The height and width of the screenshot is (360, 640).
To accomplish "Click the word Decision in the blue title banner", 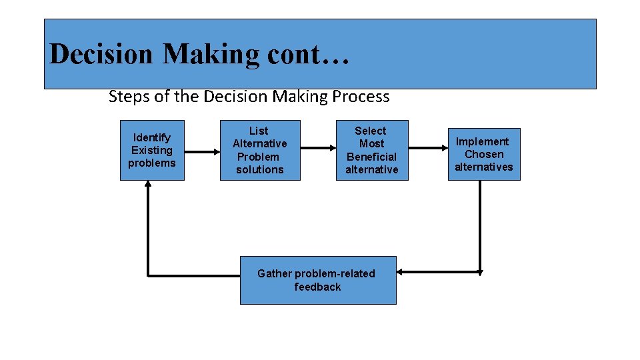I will coord(101,54).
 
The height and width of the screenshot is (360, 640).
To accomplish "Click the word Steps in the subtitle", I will coord(129,97).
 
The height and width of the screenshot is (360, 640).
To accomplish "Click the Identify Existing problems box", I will coord(151,150).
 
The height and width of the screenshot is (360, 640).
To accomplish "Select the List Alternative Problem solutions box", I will coord(260,150).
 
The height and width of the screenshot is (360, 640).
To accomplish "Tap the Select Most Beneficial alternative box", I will coord(371,150).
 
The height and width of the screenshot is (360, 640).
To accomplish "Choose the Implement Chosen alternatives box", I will coord(483,154).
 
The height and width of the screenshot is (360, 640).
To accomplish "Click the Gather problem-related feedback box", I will coord(317,280).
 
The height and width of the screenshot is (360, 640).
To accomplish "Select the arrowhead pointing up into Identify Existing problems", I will coord(148,184).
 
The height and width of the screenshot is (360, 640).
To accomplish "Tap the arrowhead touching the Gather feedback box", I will coord(400,272).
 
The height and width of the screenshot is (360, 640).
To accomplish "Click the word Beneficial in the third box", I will coord(371,157).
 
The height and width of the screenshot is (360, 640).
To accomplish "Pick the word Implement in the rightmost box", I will coord(482,141).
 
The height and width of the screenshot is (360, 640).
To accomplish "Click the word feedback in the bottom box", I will coord(317,287).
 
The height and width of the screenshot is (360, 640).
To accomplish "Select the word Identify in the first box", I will coord(152,137).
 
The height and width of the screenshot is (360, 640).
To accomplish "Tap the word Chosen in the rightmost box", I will coord(484,154).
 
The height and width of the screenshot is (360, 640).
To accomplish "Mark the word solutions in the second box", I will coord(260,169).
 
